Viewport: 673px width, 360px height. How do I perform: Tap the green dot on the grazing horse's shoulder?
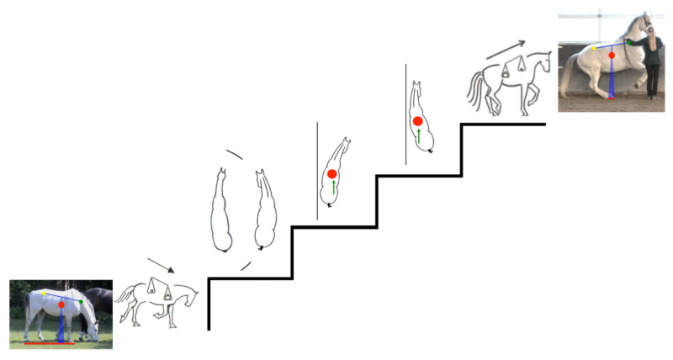(x=81, y=301)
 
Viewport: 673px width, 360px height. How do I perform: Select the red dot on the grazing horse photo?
(x=61, y=305)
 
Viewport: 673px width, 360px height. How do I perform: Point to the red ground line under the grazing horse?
(x=50, y=343)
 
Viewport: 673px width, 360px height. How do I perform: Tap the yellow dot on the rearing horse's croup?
(x=594, y=49)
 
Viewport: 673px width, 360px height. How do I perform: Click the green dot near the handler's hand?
(x=628, y=41)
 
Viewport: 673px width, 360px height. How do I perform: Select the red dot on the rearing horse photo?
(x=612, y=56)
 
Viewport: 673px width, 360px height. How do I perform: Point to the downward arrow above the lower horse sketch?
(x=161, y=265)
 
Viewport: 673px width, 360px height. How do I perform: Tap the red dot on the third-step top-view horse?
(x=332, y=174)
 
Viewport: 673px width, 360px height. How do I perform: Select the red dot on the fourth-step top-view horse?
(x=418, y=122)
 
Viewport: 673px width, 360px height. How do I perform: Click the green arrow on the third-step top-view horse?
(x=333, y=188)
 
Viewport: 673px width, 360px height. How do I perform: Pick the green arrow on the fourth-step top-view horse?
(x=419, y=135)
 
